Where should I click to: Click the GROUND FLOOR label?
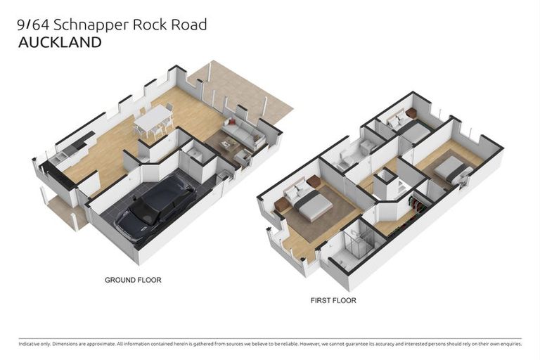click(x=133, y=280)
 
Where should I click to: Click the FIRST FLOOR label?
click(x=333, y=300)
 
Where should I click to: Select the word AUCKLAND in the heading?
click(x=59, y=43)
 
